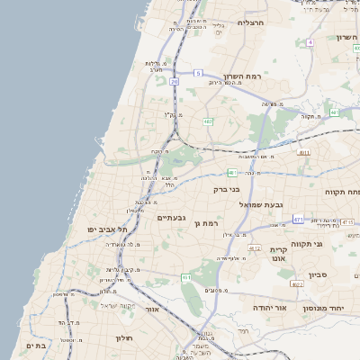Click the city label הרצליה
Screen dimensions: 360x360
click(x=249, y=22)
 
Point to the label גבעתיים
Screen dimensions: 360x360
click(x=171, y=218)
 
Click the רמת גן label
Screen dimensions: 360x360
click(x=206, y=222)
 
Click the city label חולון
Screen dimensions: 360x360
click(x=123, y=338)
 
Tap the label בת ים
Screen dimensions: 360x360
click(x=36, y=346)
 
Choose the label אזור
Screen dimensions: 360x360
click(x=152, y=310)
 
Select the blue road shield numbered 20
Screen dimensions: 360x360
click(x=174, y=82)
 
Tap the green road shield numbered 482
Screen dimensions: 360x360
click(x=208, y=121)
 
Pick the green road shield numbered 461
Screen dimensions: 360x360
click(x=186, y=277)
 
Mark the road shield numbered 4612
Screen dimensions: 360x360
click(x=255, y=248)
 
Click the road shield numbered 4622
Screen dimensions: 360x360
click(x=297, y=284)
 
